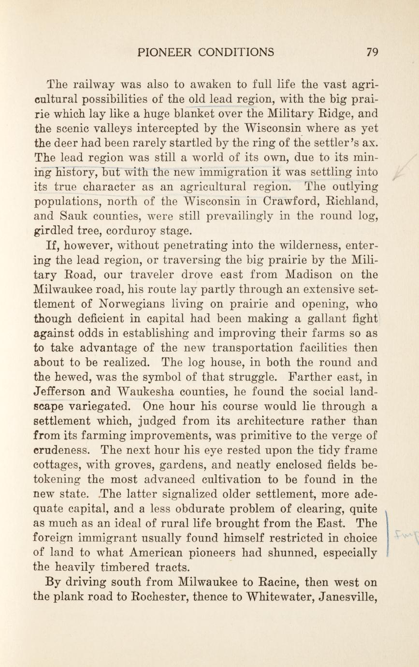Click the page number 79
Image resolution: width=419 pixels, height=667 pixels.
pos(371,52)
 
